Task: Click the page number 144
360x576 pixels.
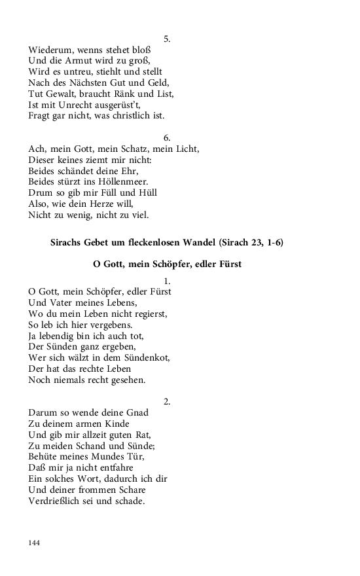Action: coord(35,543)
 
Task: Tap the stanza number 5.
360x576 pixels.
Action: coord(167,39)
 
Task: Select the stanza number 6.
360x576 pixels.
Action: coord(167,137)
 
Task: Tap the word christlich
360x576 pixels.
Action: coord(124,116)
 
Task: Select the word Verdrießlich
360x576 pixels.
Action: coord(59,501)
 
